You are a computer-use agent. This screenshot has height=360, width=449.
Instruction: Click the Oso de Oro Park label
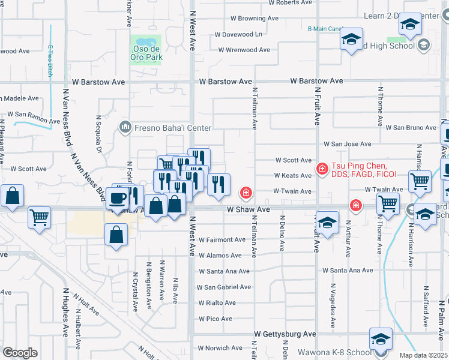point(146,53)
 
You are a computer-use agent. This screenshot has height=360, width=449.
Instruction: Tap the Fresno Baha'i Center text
point(173,128)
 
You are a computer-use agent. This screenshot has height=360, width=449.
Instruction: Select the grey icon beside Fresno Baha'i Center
point(125,127)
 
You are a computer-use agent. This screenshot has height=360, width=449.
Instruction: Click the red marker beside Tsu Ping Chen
point(322,169)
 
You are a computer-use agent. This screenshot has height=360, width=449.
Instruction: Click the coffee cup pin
point(117,199)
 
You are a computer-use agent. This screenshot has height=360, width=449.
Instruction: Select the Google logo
point(20,352)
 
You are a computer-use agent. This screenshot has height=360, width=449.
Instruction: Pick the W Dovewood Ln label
point(238,35)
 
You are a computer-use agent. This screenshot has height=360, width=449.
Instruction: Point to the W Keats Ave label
point(293,176)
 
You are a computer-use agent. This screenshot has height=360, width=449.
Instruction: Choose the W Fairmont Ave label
point(222,239)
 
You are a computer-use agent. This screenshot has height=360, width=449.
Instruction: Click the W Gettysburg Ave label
point(285,334)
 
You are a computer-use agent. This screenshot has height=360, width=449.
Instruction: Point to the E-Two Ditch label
point(50,61)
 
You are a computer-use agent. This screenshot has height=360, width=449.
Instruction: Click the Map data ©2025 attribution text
point(423,355)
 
